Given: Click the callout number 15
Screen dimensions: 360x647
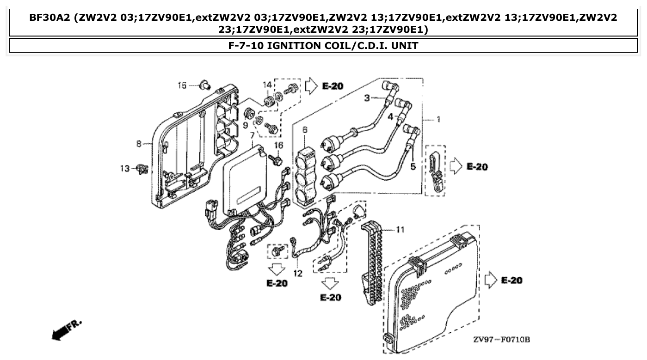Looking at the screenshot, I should pyautogui.click(x=182, y=85).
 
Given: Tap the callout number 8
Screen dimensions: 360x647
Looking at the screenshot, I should pyautogui.click(x=139, y=144).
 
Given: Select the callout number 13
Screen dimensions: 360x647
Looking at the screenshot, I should pyautogui.click(x=125, y=169).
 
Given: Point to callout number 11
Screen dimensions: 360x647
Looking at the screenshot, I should pyautogui.click(x=400, y=229).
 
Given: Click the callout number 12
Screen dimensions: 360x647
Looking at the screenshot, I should pyautogui.click(x=297, y=274).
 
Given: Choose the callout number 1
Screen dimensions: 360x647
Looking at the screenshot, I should pyautogui.click(x=437, y=119).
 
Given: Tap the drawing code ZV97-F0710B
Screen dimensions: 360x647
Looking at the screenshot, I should pyautogui.click(x=501, y=340).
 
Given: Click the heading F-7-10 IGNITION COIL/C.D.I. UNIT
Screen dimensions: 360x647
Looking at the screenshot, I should pyautogui.click(x=323, y=45).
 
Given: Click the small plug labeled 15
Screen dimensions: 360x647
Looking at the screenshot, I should pyautogui.click(x=204, y=85).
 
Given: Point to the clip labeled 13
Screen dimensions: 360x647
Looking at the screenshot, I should pyautogui.click(x=142, y=170).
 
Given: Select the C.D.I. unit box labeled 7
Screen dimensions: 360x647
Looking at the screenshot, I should pyautogui.click(x=245, y=180).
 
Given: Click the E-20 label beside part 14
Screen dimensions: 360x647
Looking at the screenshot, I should pyautogui.click(x=333, y=86).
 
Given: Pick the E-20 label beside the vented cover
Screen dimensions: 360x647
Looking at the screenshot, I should pyautogui.click(x=511, y=281).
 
